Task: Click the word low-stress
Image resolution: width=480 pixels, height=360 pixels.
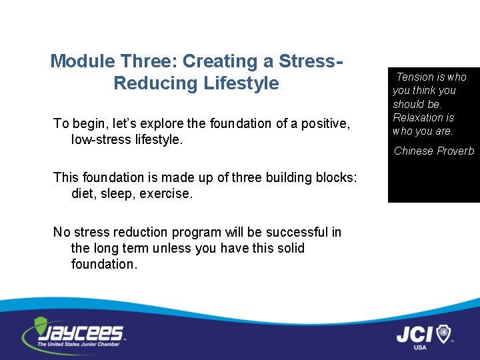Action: pyautogui.click(x=101, y=139)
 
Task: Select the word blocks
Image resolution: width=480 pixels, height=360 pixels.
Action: pyautogui.click(x=336, y=177)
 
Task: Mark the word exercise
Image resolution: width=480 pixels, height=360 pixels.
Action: pyautogui.click(x=167, y=193)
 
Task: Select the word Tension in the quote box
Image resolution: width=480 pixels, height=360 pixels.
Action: pyautogui.click(x=415, y=77)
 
